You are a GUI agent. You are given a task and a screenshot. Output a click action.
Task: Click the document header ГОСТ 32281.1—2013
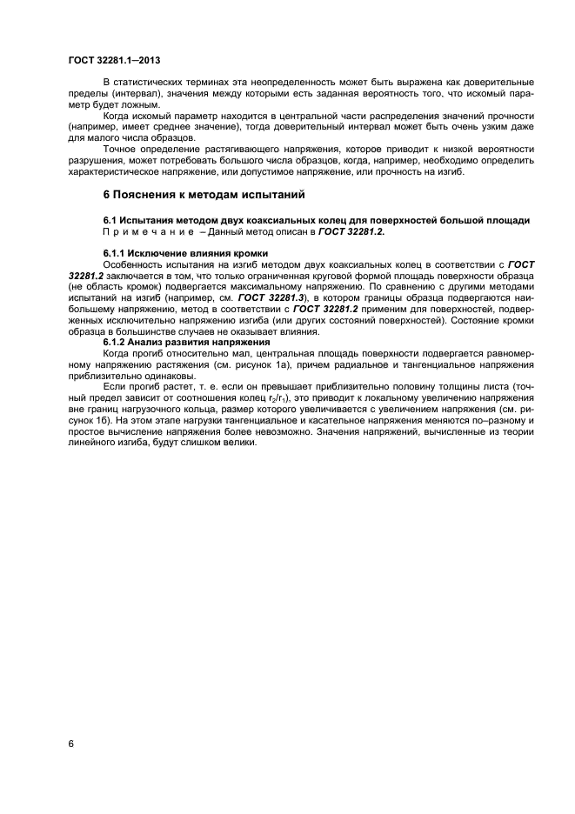(113, 58)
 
